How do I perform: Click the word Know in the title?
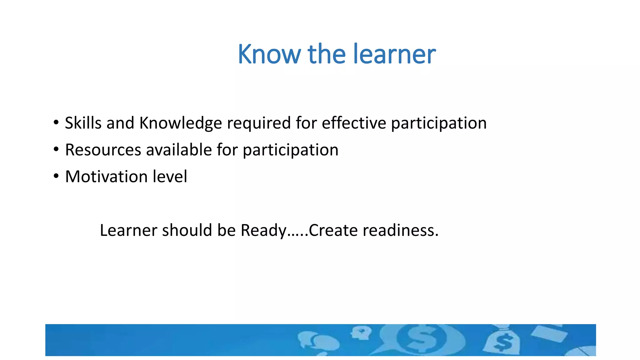(x=269, y=54)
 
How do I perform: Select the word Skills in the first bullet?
(x=83, y=123)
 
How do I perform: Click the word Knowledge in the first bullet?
(x=180, y=123)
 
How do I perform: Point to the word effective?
(x=354, y=123)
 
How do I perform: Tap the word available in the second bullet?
(x=179, y=150)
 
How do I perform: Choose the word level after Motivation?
(x=170, y=177)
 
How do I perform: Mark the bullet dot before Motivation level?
(x=56, y=176)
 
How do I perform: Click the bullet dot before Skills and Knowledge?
(x=56, y=122)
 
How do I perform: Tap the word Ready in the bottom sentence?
(x=263, y=231)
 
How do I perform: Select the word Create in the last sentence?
(x=333, y=230)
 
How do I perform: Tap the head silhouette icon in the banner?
(x=361, y=333)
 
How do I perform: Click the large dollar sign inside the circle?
(x=422, y=339)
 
